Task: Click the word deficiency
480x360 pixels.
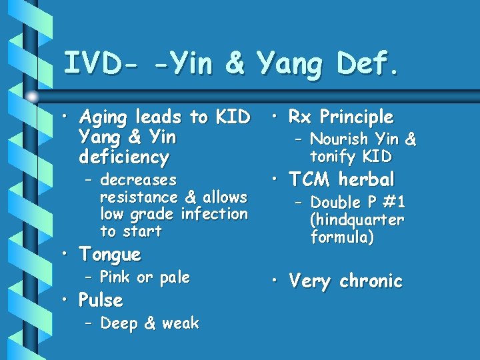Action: [x=123, y=158]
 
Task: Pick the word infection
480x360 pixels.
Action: [x=214, y=214]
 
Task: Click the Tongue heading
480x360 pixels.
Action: [x=110, y=255]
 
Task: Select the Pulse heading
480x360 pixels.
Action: [x=101, y=301]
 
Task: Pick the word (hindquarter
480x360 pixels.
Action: [x=357, y=220]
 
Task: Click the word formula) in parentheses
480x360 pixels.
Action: [x=342, y=237]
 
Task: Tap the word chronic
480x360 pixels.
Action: [x=371, y=281]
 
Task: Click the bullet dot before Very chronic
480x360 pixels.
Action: [x=276, y=281]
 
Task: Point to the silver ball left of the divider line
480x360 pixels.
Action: [x=33, y=95]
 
